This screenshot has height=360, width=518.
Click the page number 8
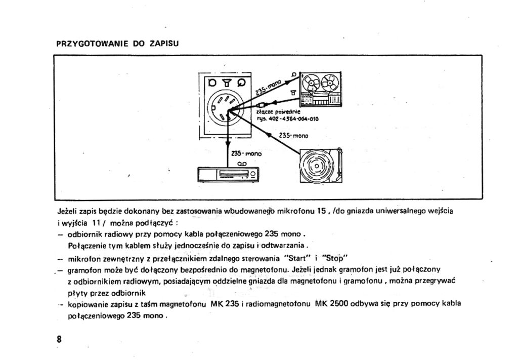coord(59,339)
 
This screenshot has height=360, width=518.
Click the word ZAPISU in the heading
coord(165,44)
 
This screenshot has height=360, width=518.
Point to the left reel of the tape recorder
coord(311,82)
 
